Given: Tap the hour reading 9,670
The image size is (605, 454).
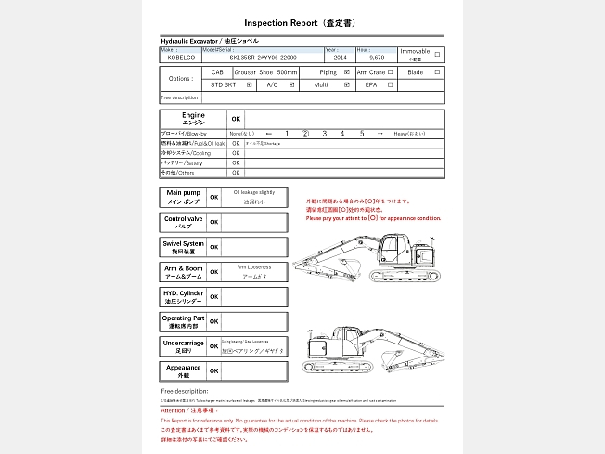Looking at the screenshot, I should coord(377,58).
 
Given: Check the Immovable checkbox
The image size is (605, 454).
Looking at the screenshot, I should coord(438,53).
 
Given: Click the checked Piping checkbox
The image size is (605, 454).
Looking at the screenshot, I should coord(347,71).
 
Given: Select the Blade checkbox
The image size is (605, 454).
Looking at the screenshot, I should coord(438,71).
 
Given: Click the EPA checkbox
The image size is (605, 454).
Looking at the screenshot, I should coord(391,84).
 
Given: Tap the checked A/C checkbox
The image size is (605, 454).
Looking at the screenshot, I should coord(292,84).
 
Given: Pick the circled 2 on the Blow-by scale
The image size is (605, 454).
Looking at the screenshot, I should coord(306,134).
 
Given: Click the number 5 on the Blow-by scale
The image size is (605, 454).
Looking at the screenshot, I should coord(362,134).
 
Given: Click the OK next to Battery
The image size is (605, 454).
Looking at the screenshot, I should coord(236,162).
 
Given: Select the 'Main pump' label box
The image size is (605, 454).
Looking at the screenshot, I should coord(183,197).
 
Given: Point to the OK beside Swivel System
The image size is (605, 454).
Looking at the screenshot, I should coord(213,247).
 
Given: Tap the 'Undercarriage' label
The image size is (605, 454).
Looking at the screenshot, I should coord(183,346).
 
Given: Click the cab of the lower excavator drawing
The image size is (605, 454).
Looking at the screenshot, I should coord(347,340).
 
